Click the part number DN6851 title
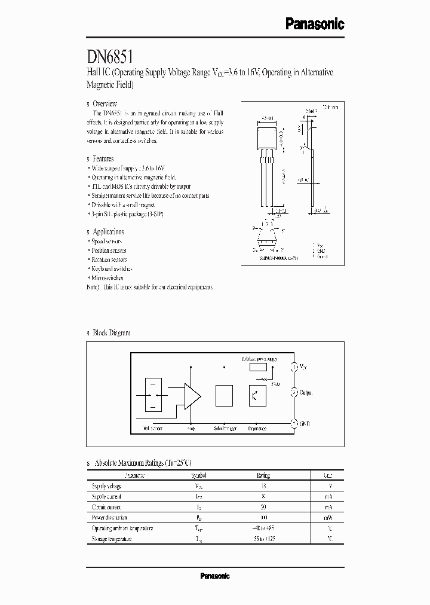pyautogui.click(x=114, y=57)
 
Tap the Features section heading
pyautogui.click(x=103, y=159)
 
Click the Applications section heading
pyautogui.click(x=107, y=231)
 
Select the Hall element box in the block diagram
pyautogui.click(x=153, y=395)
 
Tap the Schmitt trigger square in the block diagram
pyautogui.click(x=224, y=395)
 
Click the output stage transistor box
pyautogui.click(x=257, y=395)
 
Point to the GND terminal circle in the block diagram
pyautogui.click(x=294, y=423)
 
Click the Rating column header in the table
pyautogui.click(x=263, y=475)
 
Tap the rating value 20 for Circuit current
pyautogui.click(x=263, y=507)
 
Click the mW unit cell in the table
pyautogui.click(x=328, y=518)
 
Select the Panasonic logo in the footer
pyautogui.click(x=214, y=576)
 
